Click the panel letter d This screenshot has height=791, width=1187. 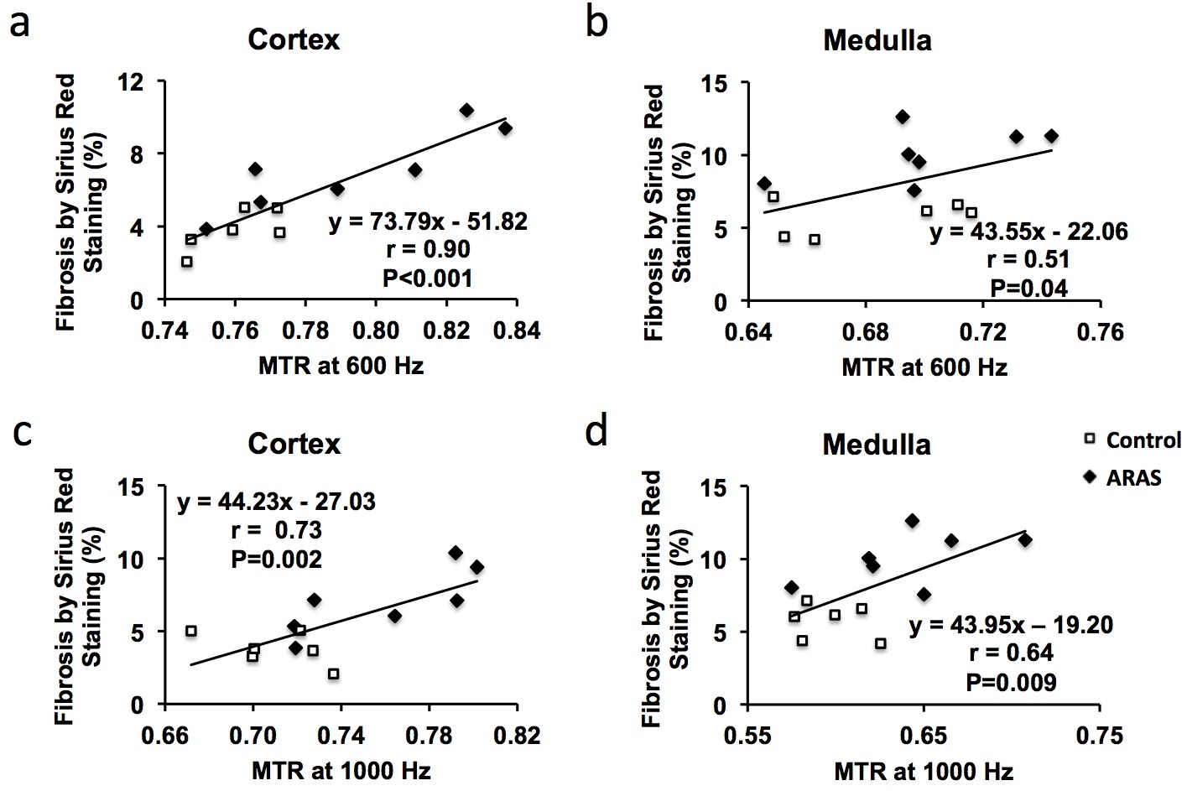tap(596, 433)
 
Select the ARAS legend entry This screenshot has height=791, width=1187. tap(1123, 477)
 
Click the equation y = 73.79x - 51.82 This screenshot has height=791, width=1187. tap(428, 221)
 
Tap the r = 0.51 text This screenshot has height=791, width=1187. tap(1028, 259)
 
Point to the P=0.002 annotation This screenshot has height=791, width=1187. tap(276, 559)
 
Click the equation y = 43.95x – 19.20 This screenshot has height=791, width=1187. tap(1011, 625)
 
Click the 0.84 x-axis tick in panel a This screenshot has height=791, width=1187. tap(517, 330)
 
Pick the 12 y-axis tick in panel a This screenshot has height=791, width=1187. tap(133, 81)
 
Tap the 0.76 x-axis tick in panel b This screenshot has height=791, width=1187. tap(1099, 332)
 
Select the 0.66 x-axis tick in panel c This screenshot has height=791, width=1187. tap(164, 736)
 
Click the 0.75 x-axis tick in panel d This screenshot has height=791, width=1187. tap(1099, 736)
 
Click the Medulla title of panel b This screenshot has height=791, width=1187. tap(877, 40)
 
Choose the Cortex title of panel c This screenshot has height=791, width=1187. tap(294, 444)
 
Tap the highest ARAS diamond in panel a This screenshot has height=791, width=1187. tap(466, 111)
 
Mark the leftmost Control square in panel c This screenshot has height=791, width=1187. tap(191, 631)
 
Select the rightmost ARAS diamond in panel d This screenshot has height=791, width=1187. tap(1024, 540)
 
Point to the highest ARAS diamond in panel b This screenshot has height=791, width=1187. tap(902, 117)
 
